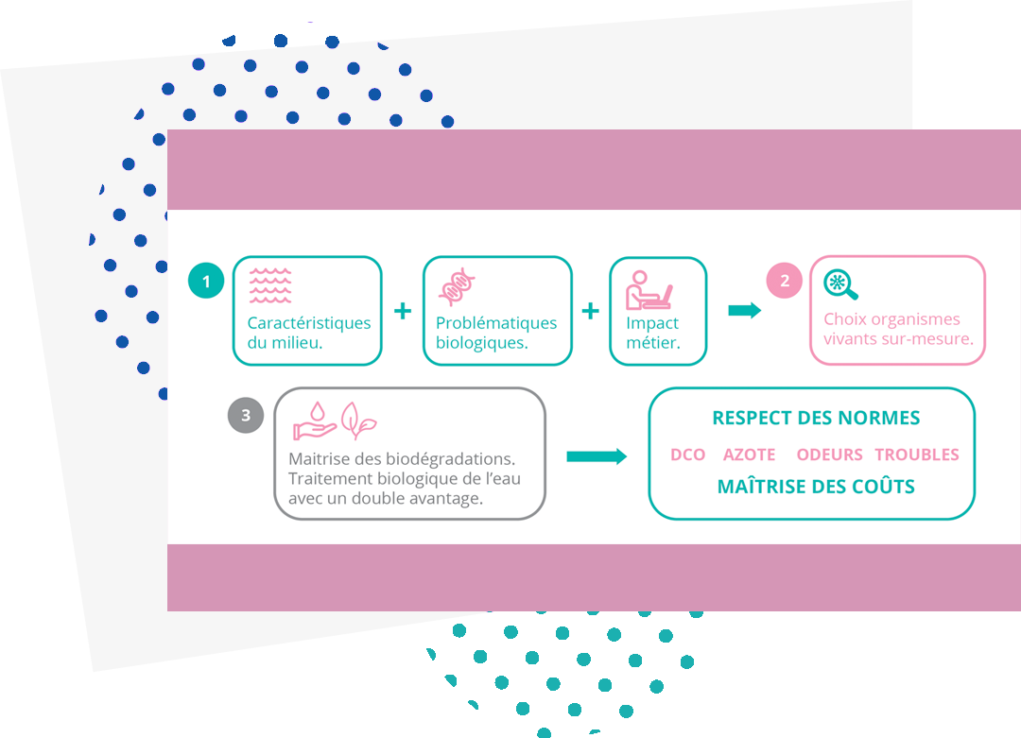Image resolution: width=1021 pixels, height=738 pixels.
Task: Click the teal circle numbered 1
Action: click(206, 281)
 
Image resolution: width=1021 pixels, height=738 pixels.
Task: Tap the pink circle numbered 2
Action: click(784, 281)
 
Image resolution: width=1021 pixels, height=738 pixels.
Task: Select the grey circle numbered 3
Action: click(246, 415)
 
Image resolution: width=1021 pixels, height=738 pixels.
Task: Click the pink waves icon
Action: click(270, 285)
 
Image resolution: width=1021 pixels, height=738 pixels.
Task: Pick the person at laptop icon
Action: click(649, 290)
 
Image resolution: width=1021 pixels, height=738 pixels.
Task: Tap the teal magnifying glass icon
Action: click(840, 284)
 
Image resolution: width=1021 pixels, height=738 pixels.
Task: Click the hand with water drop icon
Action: click(315, 421)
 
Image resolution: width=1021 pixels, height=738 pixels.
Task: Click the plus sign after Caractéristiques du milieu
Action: click(403, 311)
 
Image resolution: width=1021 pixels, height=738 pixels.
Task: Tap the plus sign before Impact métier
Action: click(591, 311)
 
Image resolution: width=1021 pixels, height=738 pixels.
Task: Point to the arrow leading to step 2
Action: click(745, 311)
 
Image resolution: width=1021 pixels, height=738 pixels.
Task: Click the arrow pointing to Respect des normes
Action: click(597, 456)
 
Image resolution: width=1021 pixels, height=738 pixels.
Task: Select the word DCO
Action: click(687, 455)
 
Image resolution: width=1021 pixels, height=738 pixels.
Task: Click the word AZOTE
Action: click(749, 455)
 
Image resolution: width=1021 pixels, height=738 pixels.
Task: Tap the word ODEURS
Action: click(829, 455)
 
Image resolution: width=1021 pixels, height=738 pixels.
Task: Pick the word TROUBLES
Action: click(916, 455)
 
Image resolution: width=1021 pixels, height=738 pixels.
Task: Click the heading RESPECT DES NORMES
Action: click(815, 418)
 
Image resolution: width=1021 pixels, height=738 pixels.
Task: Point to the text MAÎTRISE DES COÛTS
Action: click(816, 488)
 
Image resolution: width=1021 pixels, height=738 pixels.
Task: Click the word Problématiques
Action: click(496, 323)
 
